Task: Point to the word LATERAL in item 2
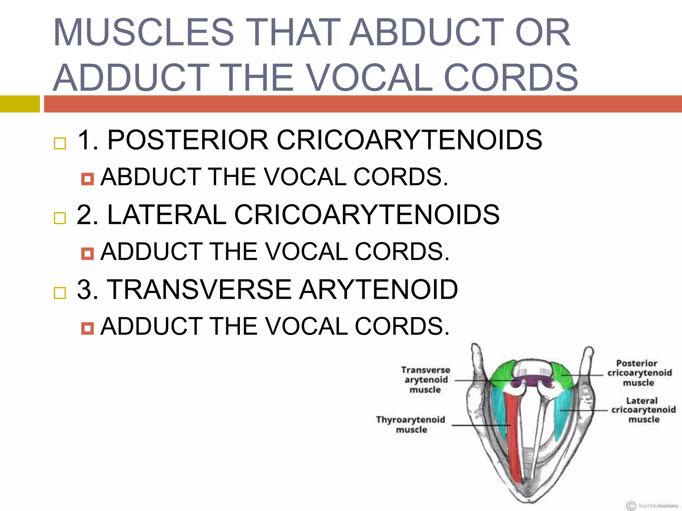(x=167, y=215)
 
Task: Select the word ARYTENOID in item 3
(x=379, y=289)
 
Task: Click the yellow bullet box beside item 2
(x=60, y=218)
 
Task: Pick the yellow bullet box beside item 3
(x=60, y=293)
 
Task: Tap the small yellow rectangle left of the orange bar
(x=20, y=104)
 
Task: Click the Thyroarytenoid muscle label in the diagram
(x=411, y=424)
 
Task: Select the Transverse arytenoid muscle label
(x=426, y=380)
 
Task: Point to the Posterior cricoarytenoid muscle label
(x=639, y=373)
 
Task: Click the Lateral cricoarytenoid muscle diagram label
(x=643, y=410)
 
